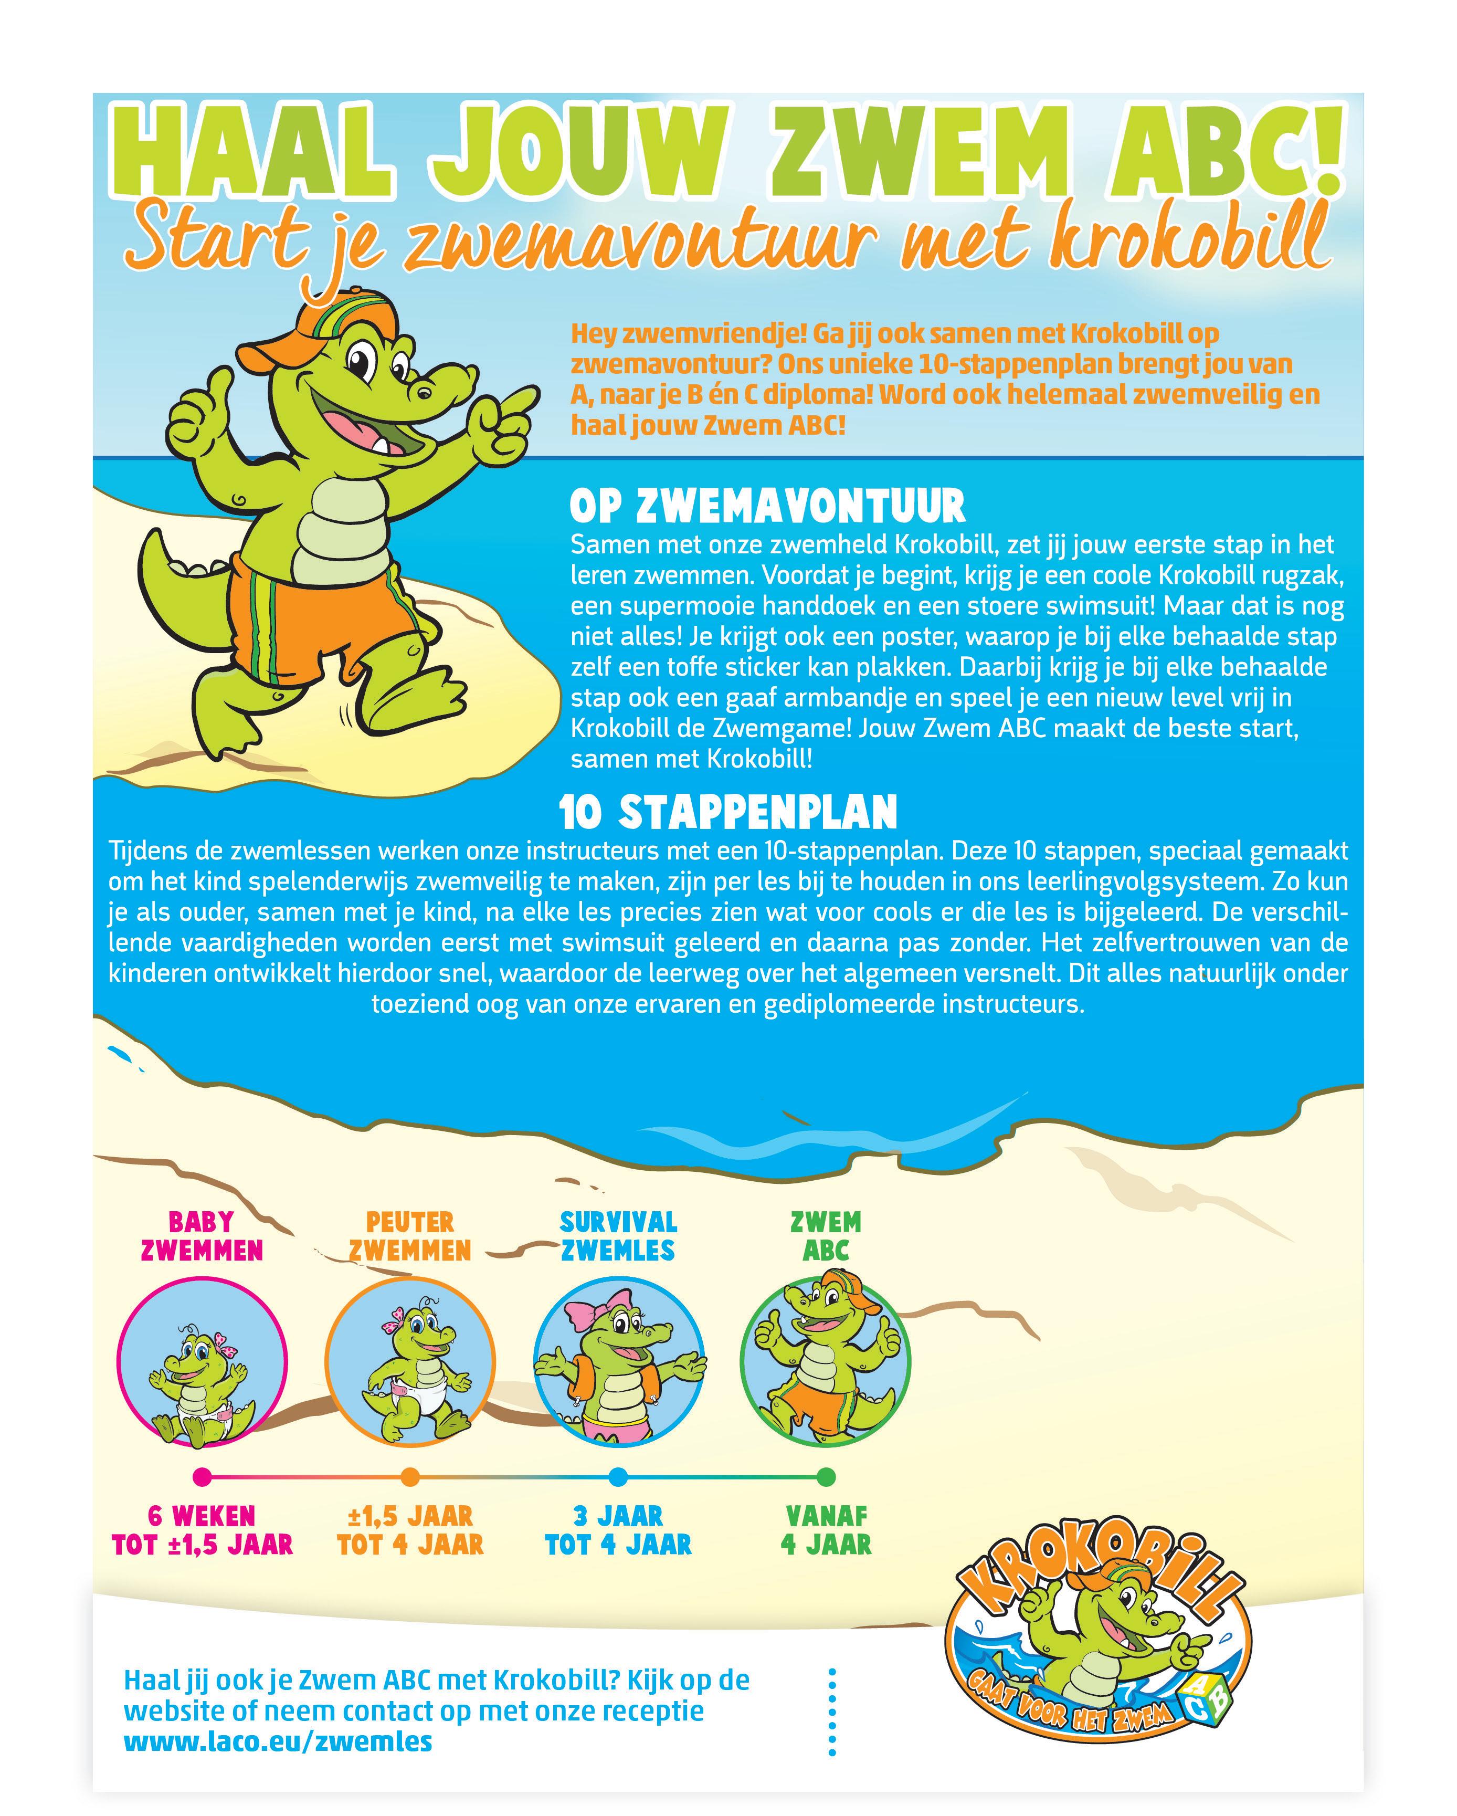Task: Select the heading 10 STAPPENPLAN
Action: pyautogui.click(x=728, y=812)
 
